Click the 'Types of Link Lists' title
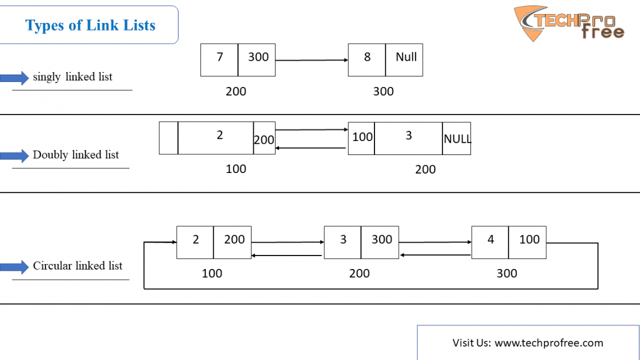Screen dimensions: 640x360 tap(90, 25)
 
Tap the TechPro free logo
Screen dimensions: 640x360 tap(569, 23)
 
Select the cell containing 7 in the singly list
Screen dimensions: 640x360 tap(219, 60)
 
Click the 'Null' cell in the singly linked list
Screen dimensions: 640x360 tap(404, 60)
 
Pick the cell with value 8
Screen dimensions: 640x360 tap(367, 60)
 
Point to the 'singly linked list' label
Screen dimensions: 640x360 tap(72, 77)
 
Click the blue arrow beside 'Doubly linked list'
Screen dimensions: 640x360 tap(14, 155)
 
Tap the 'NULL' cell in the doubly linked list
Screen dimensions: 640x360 tap(456, 138)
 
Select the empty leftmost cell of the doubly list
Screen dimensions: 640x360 tap(168, 138)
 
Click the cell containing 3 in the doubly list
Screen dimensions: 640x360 tap(408, 138)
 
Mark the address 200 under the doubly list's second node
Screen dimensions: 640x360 tap(426, 170)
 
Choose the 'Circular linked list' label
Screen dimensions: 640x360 tap(77, 266)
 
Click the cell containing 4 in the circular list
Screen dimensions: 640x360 tap(490, 243)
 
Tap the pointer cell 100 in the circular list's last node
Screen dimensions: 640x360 tap(527, 243)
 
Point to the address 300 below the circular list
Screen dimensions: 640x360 tap(506, 274)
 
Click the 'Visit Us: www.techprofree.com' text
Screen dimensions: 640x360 tap(528, 343)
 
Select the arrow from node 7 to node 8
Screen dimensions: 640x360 tap(312, 60)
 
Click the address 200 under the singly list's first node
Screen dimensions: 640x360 tap(236, 92)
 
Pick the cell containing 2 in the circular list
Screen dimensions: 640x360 tap(195, 243)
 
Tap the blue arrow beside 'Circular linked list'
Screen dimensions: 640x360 tap(14, 267)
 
